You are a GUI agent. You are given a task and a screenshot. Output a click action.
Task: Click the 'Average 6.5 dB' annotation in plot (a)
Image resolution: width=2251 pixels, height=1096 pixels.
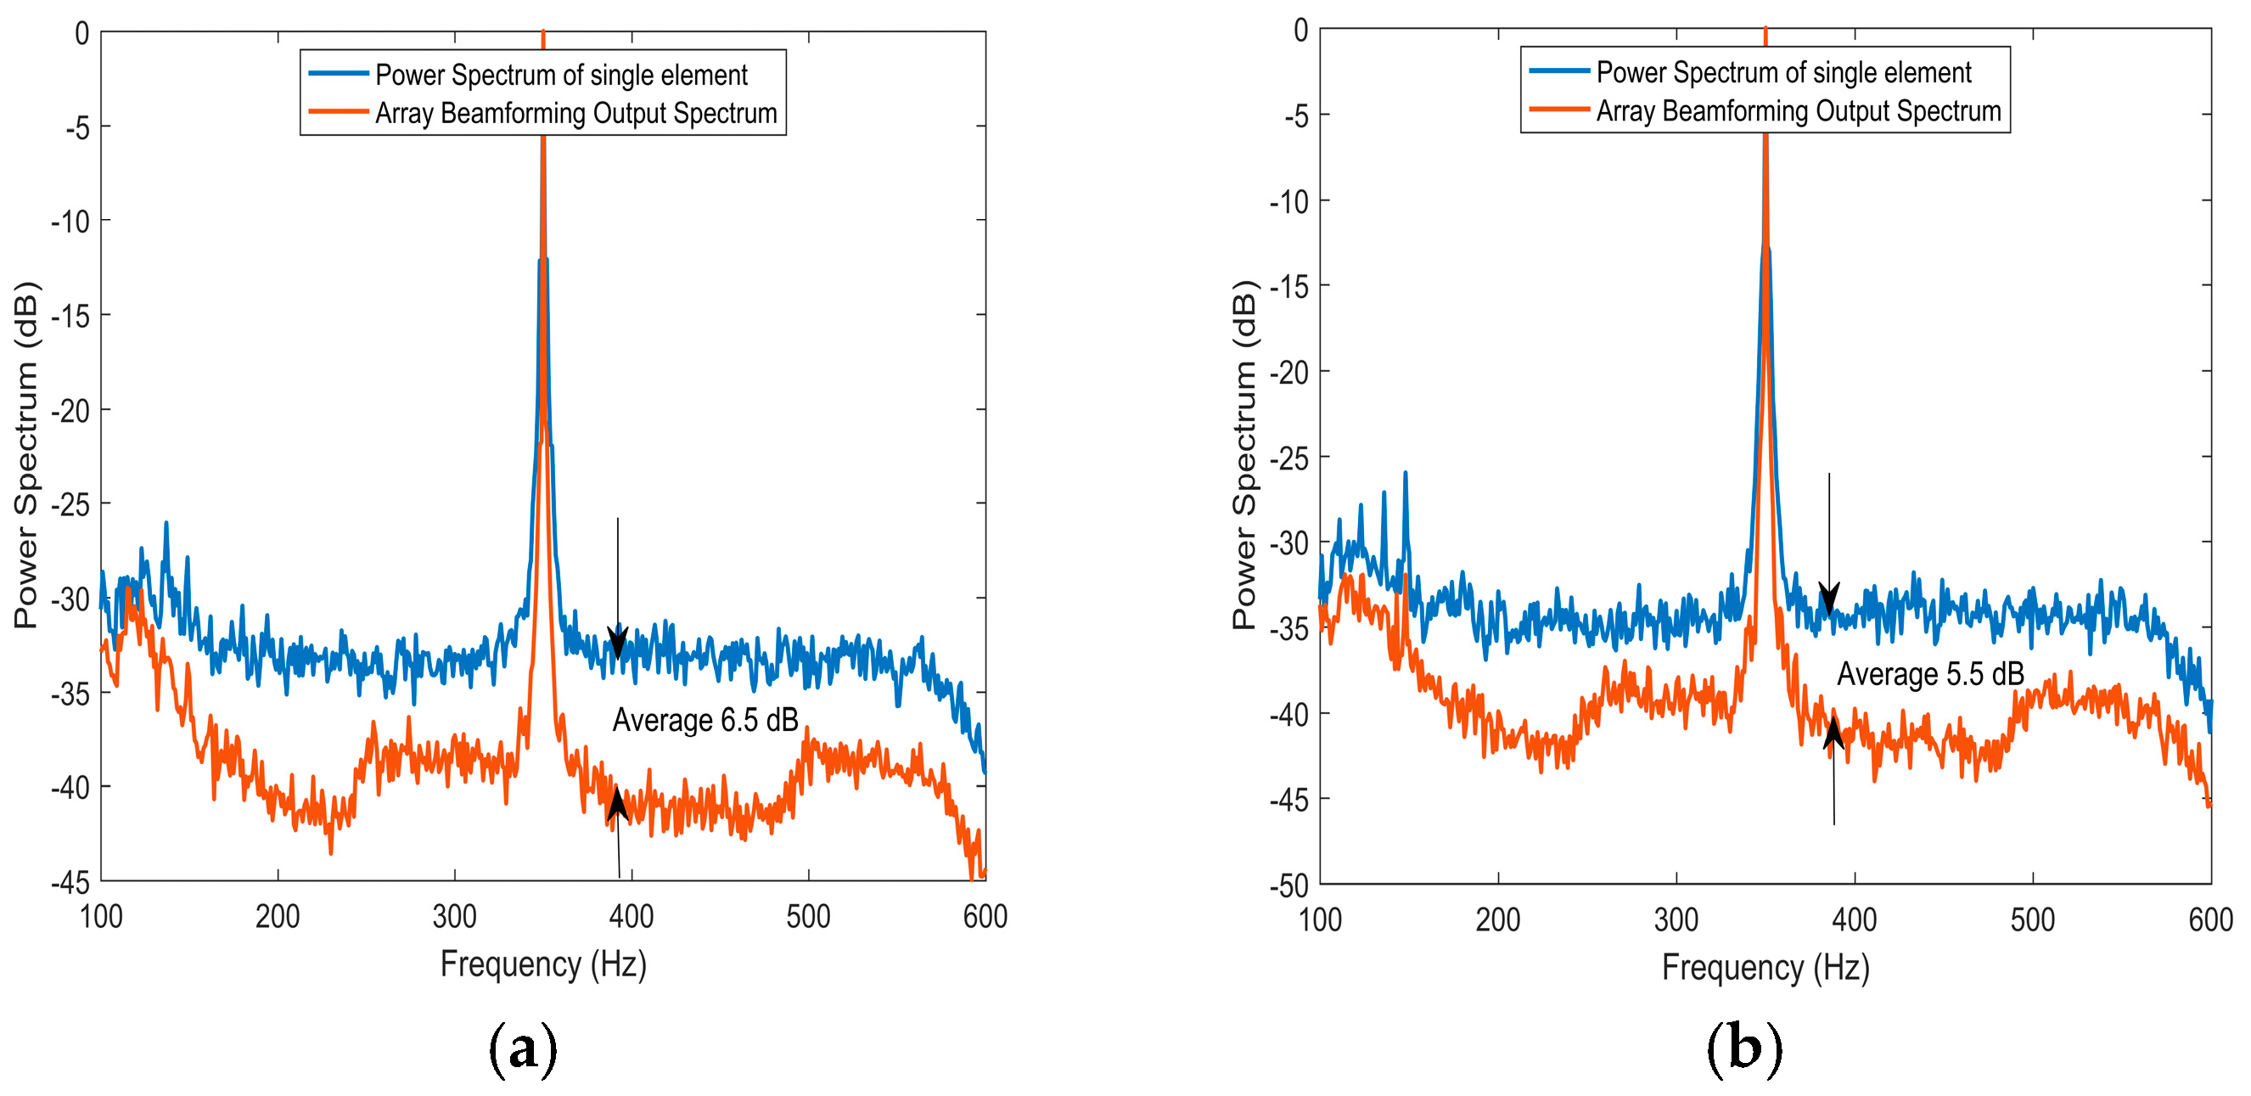coord(704,720)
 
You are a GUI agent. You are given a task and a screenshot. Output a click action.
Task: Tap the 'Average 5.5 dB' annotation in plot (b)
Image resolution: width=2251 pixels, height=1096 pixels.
coord(1929,674)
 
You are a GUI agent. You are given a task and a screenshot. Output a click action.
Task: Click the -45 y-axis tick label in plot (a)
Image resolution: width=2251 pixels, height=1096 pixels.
coord(70,882)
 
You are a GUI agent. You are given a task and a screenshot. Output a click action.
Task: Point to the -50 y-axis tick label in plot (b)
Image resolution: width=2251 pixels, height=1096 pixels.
coord(1289,885)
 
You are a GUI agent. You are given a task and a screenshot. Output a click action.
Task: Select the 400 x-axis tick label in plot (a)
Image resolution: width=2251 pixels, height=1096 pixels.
coord(631,917)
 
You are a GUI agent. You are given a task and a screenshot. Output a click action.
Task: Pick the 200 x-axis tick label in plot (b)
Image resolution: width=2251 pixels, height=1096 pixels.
coord(1498,919)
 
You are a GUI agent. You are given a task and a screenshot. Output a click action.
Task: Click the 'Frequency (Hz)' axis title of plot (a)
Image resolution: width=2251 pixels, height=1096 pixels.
coord(542,964)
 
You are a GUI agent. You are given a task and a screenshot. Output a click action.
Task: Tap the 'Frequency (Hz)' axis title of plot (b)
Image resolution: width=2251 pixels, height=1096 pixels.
coord(1765,968)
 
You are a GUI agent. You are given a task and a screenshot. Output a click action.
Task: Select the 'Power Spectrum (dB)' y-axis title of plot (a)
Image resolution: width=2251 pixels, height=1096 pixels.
coord(25,454)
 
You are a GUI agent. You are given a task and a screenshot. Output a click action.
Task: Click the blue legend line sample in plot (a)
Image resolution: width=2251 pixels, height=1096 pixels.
coord(338,73)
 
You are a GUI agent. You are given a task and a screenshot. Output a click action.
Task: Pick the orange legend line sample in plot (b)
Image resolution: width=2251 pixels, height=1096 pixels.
coord(1559,110)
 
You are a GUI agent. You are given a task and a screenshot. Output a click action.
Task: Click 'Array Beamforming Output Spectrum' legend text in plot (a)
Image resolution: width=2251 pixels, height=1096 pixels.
coord(575,113)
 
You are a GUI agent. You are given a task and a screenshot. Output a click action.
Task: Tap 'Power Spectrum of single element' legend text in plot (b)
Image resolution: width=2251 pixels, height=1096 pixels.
coord(1783,71)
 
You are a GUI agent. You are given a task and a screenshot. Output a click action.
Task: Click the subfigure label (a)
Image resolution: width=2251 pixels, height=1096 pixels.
coord(522,1046)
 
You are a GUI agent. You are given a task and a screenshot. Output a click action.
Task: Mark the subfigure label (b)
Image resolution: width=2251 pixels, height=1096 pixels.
coord(1743,1046)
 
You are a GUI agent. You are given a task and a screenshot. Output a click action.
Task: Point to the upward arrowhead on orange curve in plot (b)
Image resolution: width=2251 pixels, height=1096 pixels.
coord(1833,733)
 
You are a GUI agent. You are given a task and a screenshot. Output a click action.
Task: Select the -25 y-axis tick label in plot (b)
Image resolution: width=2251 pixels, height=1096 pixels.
coord(1289,457)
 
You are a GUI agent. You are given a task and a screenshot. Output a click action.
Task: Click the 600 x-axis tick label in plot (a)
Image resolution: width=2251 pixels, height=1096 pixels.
coord(985,917)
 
